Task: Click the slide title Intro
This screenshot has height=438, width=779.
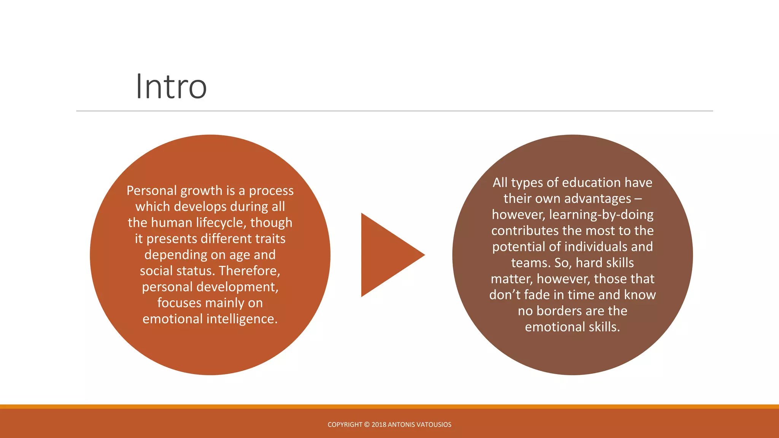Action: (171, 87)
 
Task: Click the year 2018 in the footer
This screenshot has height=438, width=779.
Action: (378, 425)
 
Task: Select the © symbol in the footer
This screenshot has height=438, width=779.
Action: (367, 425)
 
